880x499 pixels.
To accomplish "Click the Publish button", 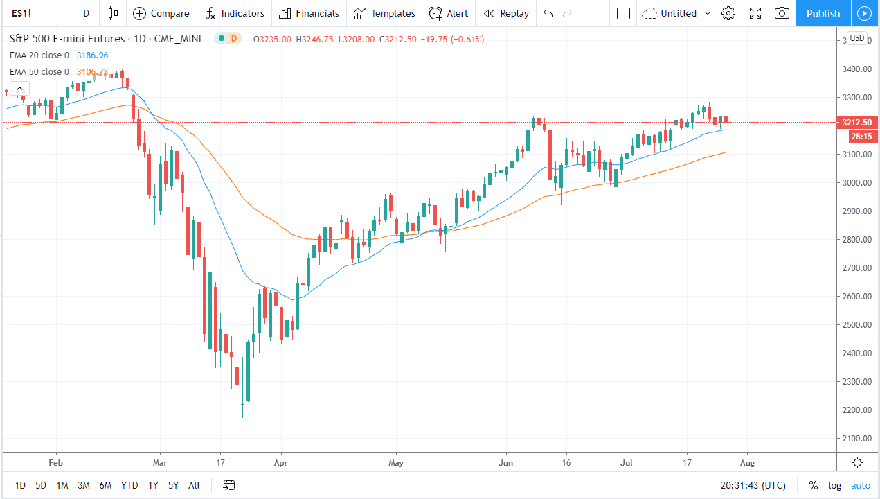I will tap(823, 13).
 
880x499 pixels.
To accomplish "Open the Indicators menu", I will tap(235, 13).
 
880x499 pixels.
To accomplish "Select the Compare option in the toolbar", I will tap(161, 13).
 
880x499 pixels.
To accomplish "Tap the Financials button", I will tap(309, 13).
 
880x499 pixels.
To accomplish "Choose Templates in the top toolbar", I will tap(384, 13).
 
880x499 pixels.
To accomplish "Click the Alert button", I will tap(448, 13).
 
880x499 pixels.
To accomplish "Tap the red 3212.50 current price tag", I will tap(856, 123).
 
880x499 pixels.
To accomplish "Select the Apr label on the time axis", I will tap(280, 462).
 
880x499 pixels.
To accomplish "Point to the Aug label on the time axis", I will tap(747, 462).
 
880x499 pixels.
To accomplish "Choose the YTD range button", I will tap(129, 485).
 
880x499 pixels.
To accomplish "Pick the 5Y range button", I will tap(174, 485).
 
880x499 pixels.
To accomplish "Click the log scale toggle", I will tap(835, 485).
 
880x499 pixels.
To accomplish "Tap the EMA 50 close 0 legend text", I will tap(39, 72).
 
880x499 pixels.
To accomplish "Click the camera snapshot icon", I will tap(782, 13).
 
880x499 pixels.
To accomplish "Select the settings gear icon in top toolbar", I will tap(728, 13).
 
